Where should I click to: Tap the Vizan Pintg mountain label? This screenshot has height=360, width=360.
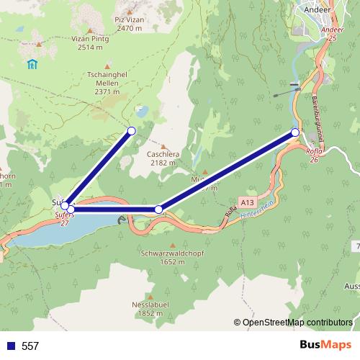point(90,43)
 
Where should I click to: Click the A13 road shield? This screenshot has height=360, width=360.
point(248,203)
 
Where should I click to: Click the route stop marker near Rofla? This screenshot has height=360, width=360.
point(295,132)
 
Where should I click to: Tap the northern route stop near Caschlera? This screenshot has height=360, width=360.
point(131,130)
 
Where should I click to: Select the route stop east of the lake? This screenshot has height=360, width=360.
point(159,210)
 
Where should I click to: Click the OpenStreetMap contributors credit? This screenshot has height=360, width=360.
point(297,323)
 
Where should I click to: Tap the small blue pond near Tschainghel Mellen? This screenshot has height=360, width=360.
point(142,112)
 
